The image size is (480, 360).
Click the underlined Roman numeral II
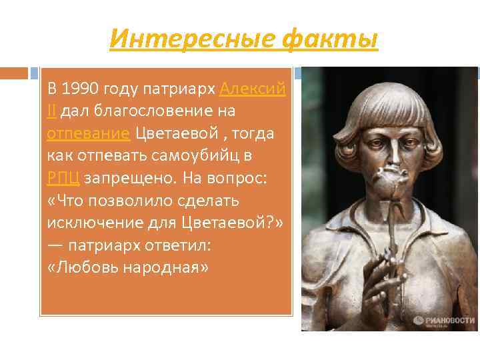pyautogui.click(x=51, y=111)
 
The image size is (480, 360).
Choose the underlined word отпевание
pyautogui.click(x=88, y=133)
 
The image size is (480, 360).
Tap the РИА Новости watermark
pyautogui.click(x=443, y=320)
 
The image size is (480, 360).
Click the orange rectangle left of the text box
pyautogui.click(x=14, y=73)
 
